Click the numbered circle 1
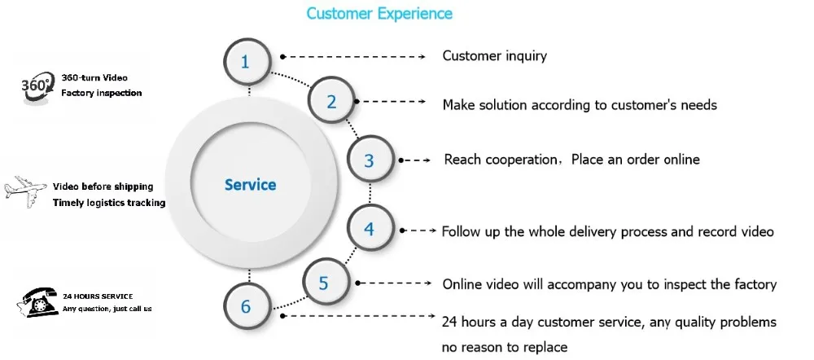tap(247, 61)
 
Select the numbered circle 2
tap(331, 101)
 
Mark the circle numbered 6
tap(247, 305)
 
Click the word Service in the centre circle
tap(250, 184)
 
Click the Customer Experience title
tap(379, 13)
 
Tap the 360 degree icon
tap(37, 87)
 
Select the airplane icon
tap(25, 191)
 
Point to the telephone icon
tap(38, 302)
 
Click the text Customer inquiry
tap(494, 55)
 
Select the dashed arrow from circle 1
tap(353, 56)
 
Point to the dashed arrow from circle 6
tap(357, 315)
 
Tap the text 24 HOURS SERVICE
tap(98, 296)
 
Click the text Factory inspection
tap(101, 93)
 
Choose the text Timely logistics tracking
tap(109, 203)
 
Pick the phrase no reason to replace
tap(505, 346)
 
